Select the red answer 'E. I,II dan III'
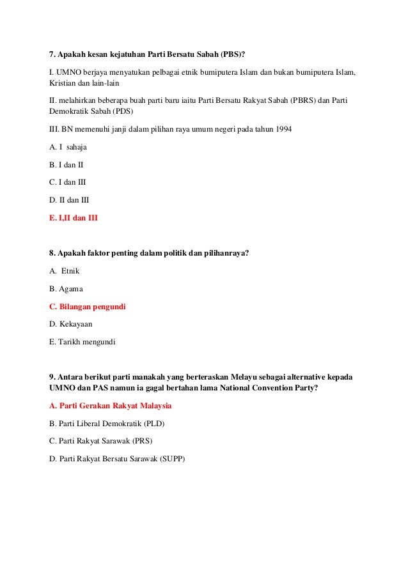(74, 217)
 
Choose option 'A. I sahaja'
(68, 147)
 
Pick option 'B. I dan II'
(67, 164)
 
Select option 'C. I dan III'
(68, 182)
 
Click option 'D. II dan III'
(69, 199)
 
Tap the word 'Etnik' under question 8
(70, 271)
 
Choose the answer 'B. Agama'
(66, 289)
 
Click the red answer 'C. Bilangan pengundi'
(88, 307)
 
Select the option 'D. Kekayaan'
(70, 324)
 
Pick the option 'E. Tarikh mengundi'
(82, 342)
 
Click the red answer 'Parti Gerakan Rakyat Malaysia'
(115, 406)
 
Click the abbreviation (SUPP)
(172, 458)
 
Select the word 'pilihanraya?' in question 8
(226, 253)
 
